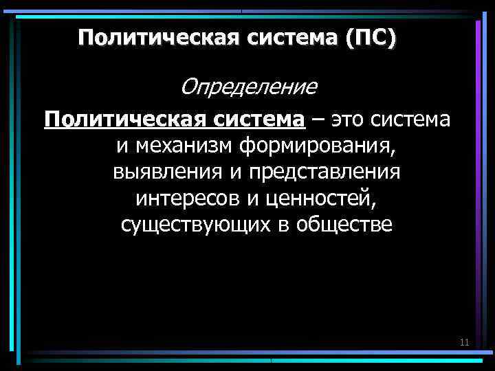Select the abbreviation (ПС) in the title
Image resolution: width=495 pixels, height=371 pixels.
point(371,37)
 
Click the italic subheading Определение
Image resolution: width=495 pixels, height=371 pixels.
point(250,87)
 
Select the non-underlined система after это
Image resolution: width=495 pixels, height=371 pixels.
point(415,120)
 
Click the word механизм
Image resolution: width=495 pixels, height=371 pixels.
point(184,146)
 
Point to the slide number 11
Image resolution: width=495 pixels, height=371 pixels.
point(464,342)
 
